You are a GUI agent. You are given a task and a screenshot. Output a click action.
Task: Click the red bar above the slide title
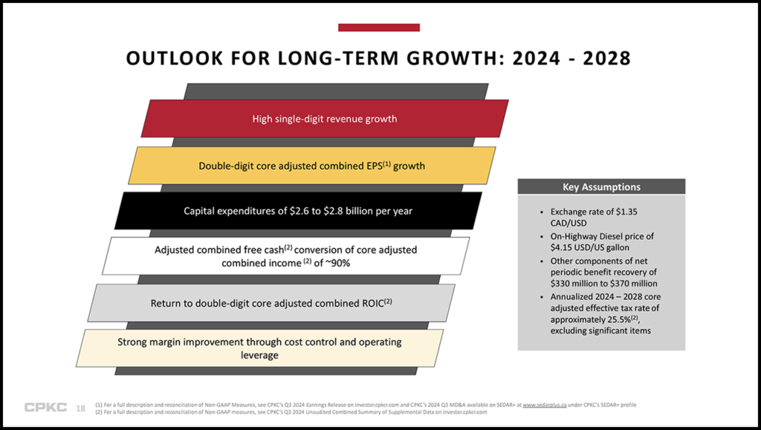click(x=379, y=27)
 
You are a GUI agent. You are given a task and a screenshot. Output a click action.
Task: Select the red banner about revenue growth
click(x=325, y=119)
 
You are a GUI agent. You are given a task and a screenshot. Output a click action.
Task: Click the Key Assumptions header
click(x=601, y=187)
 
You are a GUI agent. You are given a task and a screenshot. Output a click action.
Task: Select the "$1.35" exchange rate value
click(x=624, y=212)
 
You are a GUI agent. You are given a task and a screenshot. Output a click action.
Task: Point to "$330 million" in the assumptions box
click(x=577, y=284)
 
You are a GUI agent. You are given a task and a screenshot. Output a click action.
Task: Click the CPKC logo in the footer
click(x=45, y=407)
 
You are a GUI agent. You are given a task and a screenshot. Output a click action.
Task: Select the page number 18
click(x=81, y=408)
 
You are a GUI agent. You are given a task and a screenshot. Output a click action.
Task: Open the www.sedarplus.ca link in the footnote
click(x=551, y=404)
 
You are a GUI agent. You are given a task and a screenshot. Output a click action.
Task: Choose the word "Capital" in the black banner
click(x=202, y=211)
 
